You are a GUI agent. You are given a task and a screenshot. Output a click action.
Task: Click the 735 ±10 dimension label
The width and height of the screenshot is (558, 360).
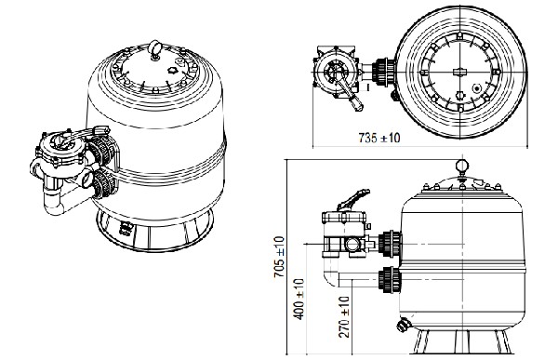coord(379,138)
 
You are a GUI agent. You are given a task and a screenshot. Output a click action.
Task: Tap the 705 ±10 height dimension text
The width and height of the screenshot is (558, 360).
coord(280,257)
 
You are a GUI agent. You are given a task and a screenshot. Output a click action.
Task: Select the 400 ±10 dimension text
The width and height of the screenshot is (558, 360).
coord(299,300)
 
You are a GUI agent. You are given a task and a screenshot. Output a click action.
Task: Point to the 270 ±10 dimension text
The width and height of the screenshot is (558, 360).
coord(344,316)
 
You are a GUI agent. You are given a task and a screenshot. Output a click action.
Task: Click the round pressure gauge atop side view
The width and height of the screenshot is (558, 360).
coord(462,166)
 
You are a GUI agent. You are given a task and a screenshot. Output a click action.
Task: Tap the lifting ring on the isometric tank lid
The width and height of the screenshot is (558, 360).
coord(155,49)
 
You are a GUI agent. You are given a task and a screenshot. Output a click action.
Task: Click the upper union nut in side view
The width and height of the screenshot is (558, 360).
coord(390,244)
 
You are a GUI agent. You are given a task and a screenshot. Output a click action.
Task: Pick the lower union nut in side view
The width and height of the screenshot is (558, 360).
coord(390,279)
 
